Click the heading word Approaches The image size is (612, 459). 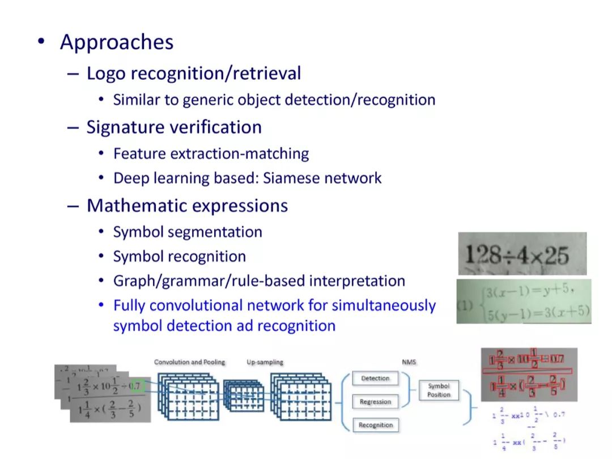pos(117,42)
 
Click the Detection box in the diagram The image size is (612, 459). pos(375,378)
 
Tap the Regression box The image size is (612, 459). pos(375,402)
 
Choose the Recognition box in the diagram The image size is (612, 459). pos(375,425)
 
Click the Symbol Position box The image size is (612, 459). pos(439,390)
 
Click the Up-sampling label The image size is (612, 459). pos(265,362)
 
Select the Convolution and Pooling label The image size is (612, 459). pos(189,362)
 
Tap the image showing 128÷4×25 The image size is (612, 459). pos(522,253)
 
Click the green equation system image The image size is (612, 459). pos(524,301)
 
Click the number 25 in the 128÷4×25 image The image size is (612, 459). pos(556,256)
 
